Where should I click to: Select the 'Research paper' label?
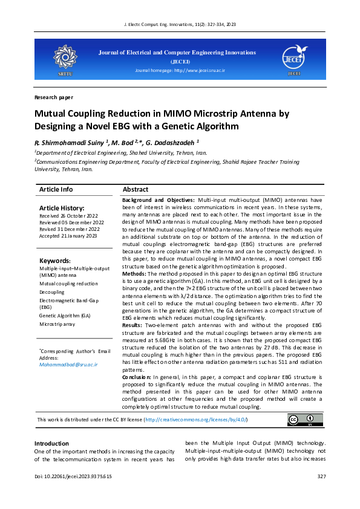pyautogui.click(x=54, y=97)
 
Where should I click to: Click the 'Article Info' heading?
pyautogui.click(x=56, y=189)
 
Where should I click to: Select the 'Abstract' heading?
pyautogui.click(x=135, y=189)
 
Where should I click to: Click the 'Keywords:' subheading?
pyautogui.click(x=54, y=261)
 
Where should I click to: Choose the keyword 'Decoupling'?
pyautogui.click(x=52, y=292)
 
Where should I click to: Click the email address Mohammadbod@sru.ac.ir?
pyautogui.click(x=68, y=365)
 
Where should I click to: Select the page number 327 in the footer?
pyautogui.click(x=321, y=477)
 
